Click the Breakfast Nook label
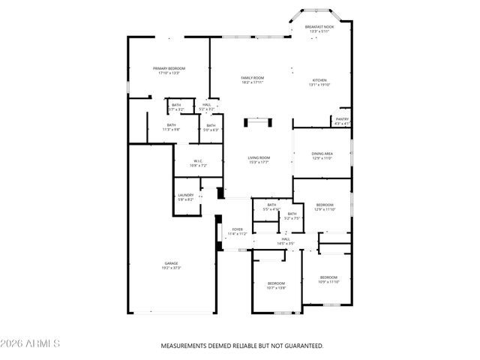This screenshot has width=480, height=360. point(319,28)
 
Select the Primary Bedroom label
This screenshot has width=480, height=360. point(169,70)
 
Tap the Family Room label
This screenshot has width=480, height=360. point(252,79)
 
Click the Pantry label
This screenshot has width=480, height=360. point(342,121)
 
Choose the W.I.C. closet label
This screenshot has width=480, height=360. point(198,163)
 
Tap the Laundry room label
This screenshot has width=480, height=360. point(186,197)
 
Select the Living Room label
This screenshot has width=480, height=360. point(259,160)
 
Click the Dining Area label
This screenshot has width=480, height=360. point(322,155)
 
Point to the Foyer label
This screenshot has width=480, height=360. point(237,231)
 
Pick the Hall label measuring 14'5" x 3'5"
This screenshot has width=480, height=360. point(286,241)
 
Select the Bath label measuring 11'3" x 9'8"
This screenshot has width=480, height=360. point(171,127)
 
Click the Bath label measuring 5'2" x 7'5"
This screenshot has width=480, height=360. point(292,216)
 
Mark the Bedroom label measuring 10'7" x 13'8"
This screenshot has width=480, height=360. point(277,284)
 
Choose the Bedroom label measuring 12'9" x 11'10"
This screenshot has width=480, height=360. point(325,207)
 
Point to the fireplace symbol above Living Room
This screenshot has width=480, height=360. point(259,120)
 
